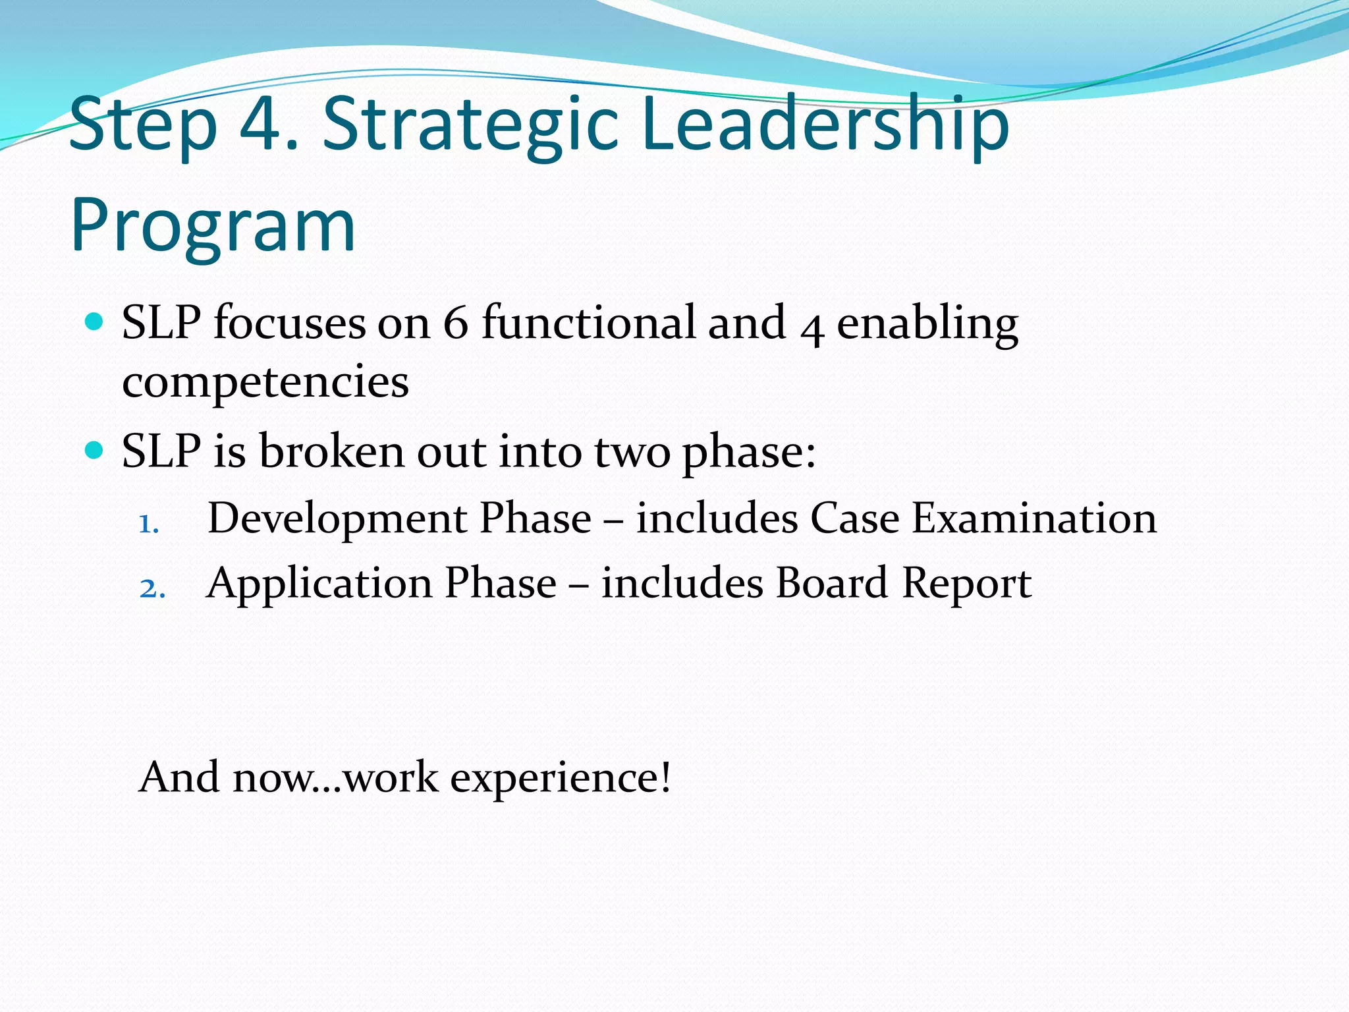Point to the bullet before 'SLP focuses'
coord(95,322)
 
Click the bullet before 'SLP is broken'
coord(95,451)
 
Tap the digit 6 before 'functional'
coord(455,323)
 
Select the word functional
coord(588,323)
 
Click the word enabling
coord(927,325)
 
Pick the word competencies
coord(265,383)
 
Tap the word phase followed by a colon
coord(748,453)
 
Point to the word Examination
coord(1033,518)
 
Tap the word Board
coord(831,583)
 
